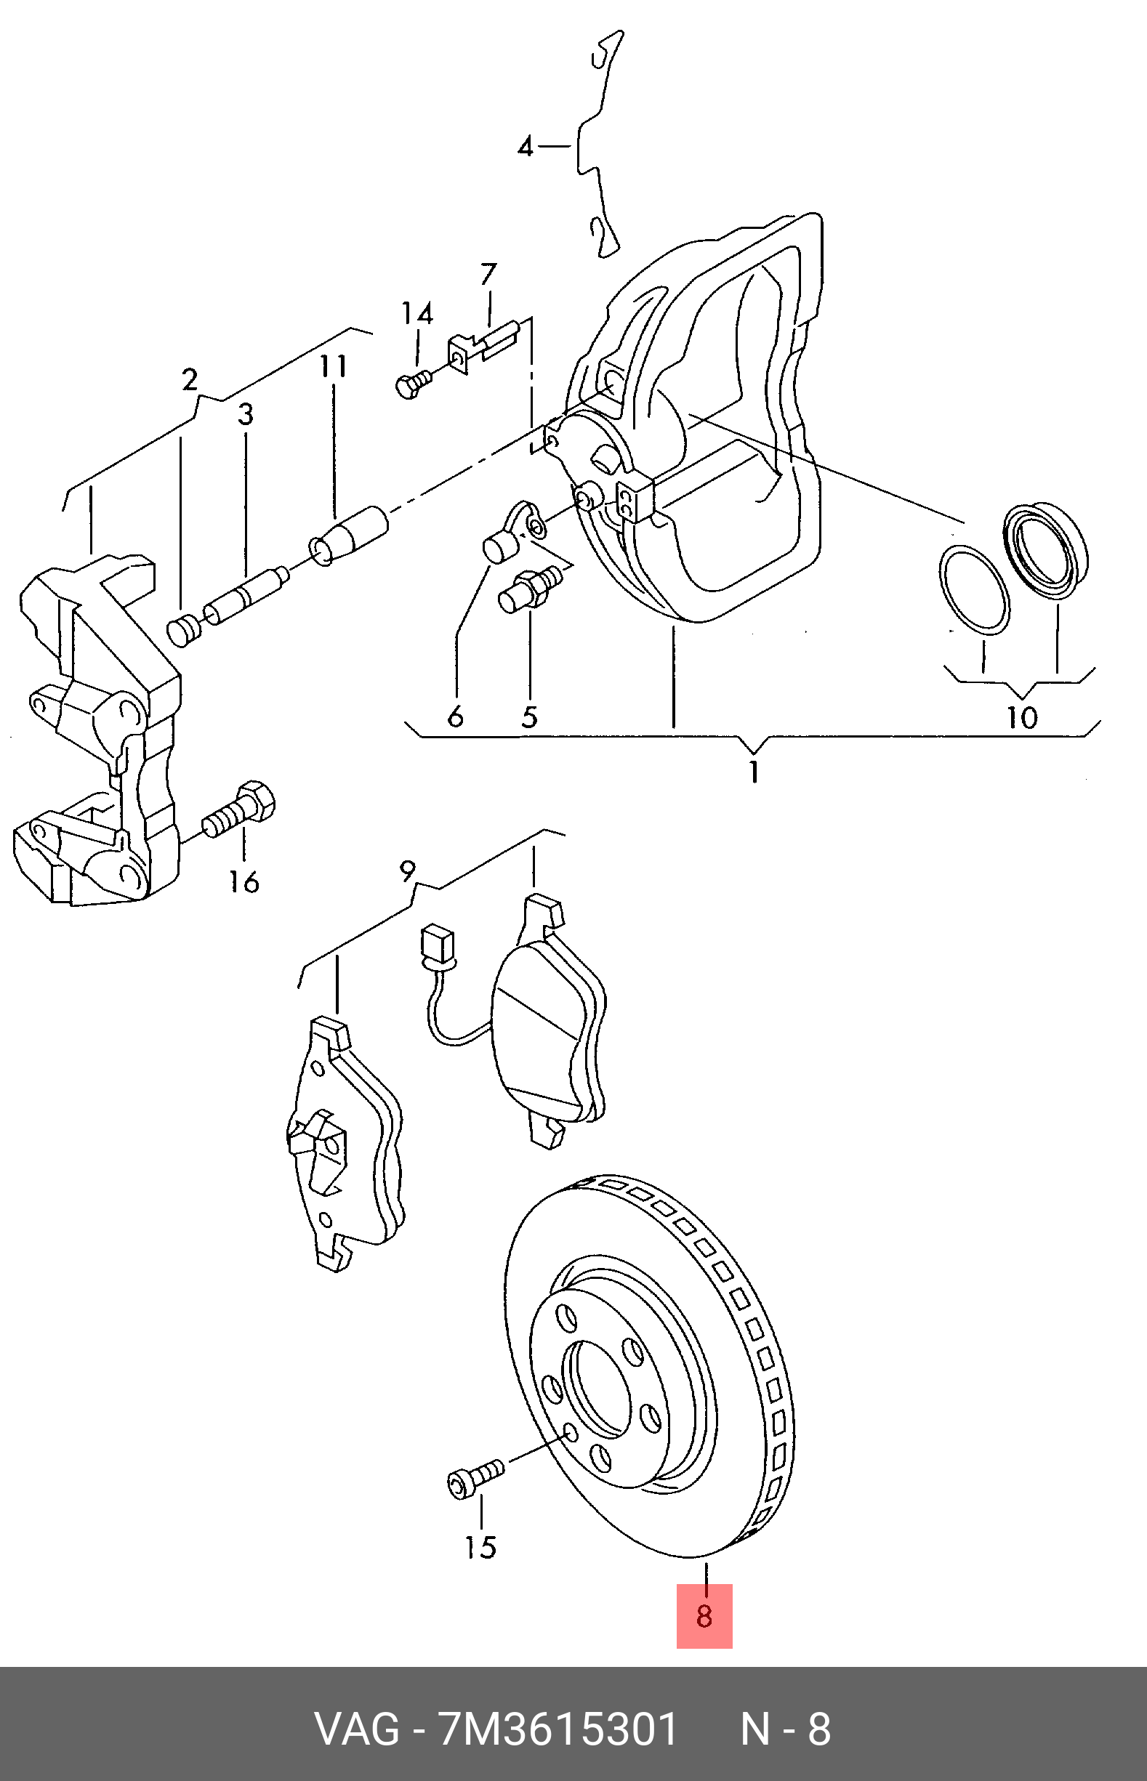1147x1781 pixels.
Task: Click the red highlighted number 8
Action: (704, 1616)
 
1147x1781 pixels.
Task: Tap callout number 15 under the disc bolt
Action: (481, 1547)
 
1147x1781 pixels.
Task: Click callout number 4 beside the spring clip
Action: (526, 147)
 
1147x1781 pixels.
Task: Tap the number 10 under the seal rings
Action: (1022, 717)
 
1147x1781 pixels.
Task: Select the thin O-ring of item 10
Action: (974, 591)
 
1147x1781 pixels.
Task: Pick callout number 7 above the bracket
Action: (488, 274)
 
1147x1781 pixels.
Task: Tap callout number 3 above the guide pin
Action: (246, 415)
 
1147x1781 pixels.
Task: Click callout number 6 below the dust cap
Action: (456, 716)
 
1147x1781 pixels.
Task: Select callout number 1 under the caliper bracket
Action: (754, 772)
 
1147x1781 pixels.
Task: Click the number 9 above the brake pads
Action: (406, 870)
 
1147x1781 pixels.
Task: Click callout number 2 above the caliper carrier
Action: (190, 380)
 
